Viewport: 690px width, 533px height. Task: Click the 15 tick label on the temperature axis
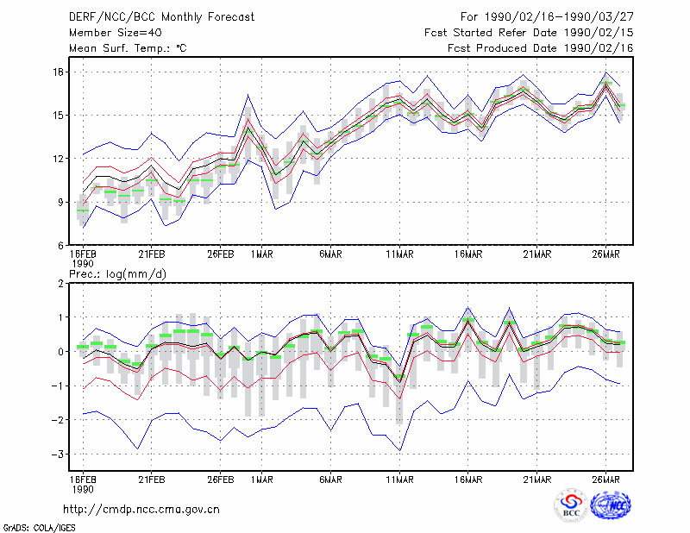tap(59, 116)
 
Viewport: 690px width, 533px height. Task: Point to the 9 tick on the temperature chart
tap(61, 203)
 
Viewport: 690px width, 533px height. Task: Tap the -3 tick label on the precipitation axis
tap(57, 455)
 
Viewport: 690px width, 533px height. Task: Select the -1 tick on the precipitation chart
tap(57, 386)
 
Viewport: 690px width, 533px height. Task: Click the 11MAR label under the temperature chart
tap(399, 254)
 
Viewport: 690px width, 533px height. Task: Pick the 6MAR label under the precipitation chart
tap(331, 480)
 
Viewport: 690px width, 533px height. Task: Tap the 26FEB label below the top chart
tap(221, 254)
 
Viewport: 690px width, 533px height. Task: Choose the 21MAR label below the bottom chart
tap(536, 480)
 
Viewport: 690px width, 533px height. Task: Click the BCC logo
tap(571, 505)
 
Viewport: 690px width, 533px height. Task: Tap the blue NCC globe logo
tap(611, 505)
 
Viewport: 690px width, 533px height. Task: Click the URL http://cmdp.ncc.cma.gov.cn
tap(141, 510)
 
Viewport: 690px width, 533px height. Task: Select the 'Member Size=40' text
tap(116, 33)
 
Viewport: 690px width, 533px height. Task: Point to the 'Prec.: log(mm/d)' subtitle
tap(117, 274)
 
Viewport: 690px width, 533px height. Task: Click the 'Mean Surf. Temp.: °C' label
tap(128, 48)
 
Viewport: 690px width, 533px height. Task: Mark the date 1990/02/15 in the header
tap(599, 33)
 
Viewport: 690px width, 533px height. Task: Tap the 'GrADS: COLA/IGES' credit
tap(39, 528)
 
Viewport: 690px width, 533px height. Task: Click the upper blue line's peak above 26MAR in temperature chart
tap(606, 72)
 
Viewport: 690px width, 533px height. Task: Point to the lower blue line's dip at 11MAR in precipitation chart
tap(399, 450)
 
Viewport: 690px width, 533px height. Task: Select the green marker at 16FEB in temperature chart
tap(83, 210)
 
